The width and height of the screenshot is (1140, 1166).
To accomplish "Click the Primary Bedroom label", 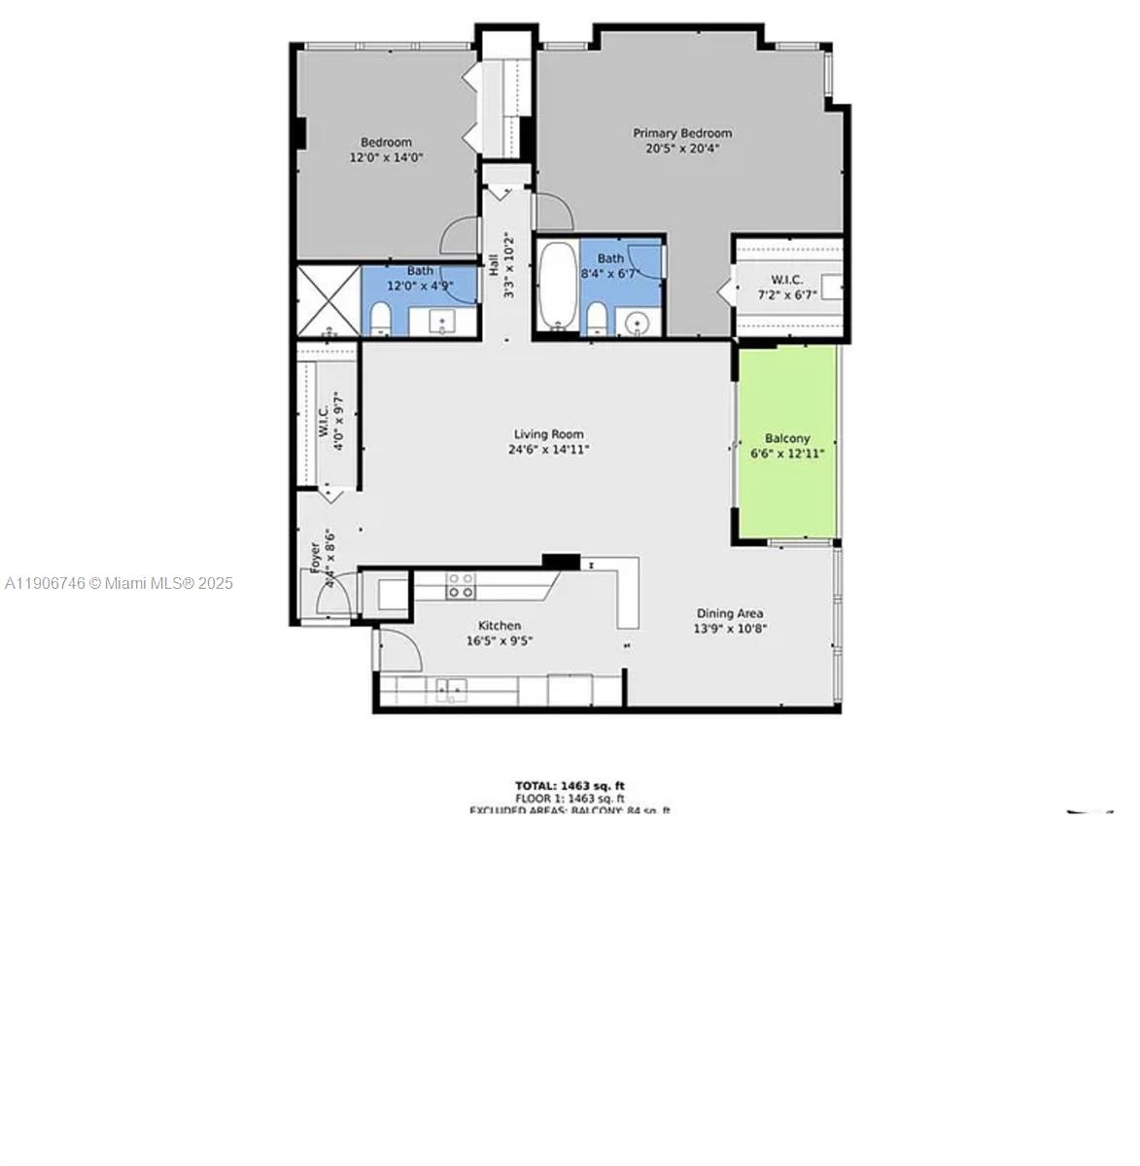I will [x=682, y=133].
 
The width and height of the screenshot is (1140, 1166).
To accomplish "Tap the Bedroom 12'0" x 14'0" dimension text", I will [x=386, y=157].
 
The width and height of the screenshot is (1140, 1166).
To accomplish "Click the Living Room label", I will [x=549, y=434].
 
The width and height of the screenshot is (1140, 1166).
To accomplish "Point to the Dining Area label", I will [x=729, y=613].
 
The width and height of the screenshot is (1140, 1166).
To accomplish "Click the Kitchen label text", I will [x=499, y=626].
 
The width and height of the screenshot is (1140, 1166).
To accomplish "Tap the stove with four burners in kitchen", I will [x=461, y=585].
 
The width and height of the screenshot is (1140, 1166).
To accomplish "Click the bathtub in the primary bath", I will [x=557, y=287].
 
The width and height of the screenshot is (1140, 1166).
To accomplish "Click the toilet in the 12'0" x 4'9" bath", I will [x=380, y=320].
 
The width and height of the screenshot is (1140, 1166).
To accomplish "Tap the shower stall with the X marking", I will [x=328, y=299].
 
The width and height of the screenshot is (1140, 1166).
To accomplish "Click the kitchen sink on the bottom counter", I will [x=450, y=690].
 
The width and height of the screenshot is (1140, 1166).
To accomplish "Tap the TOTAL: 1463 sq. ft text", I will [x=570, y=785].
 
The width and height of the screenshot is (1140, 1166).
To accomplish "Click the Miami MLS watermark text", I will [x=119, y=583].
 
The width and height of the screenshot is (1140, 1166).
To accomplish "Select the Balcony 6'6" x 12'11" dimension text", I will [x=787, y=453].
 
